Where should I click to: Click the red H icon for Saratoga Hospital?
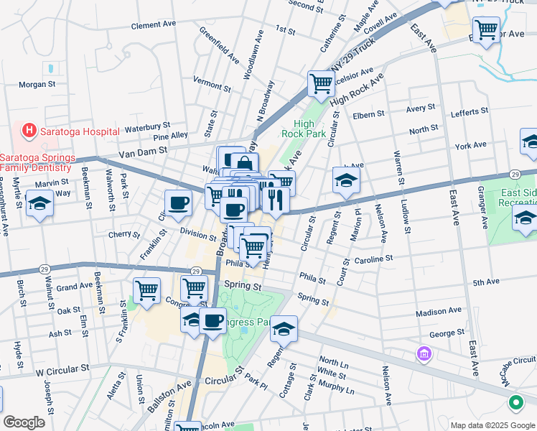(x=29, y=131)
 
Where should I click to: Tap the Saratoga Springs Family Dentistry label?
(x=37, y=162)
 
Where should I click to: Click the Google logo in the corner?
(x=24, y=422)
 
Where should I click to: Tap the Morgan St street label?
(x=37, y=84)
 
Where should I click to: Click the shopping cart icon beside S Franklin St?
(x=146, y=290)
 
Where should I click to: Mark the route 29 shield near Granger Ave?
(x=515, y=175)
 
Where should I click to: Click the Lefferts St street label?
(x=469, y=113)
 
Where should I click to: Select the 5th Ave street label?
(x=485, y=283)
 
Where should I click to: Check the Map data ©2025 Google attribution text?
(x=492, y=425)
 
